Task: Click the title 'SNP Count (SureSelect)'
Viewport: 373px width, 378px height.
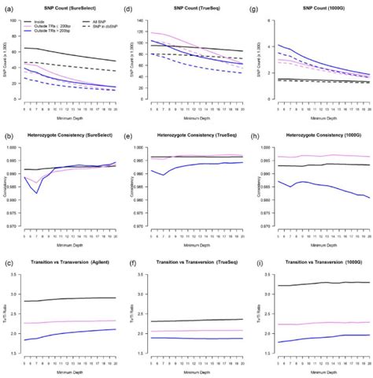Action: [x=69, y=7]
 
